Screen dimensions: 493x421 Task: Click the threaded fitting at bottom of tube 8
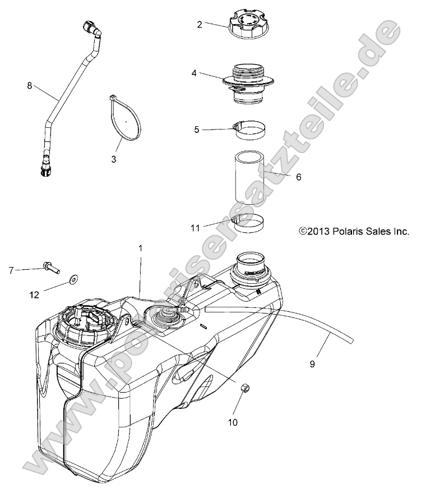pyautogui.click(x=45, y=169)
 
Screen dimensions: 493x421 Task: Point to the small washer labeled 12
pyautogui.click(x=73, y=278)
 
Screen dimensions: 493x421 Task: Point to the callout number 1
pyautogui.click(x=141, y=247)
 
